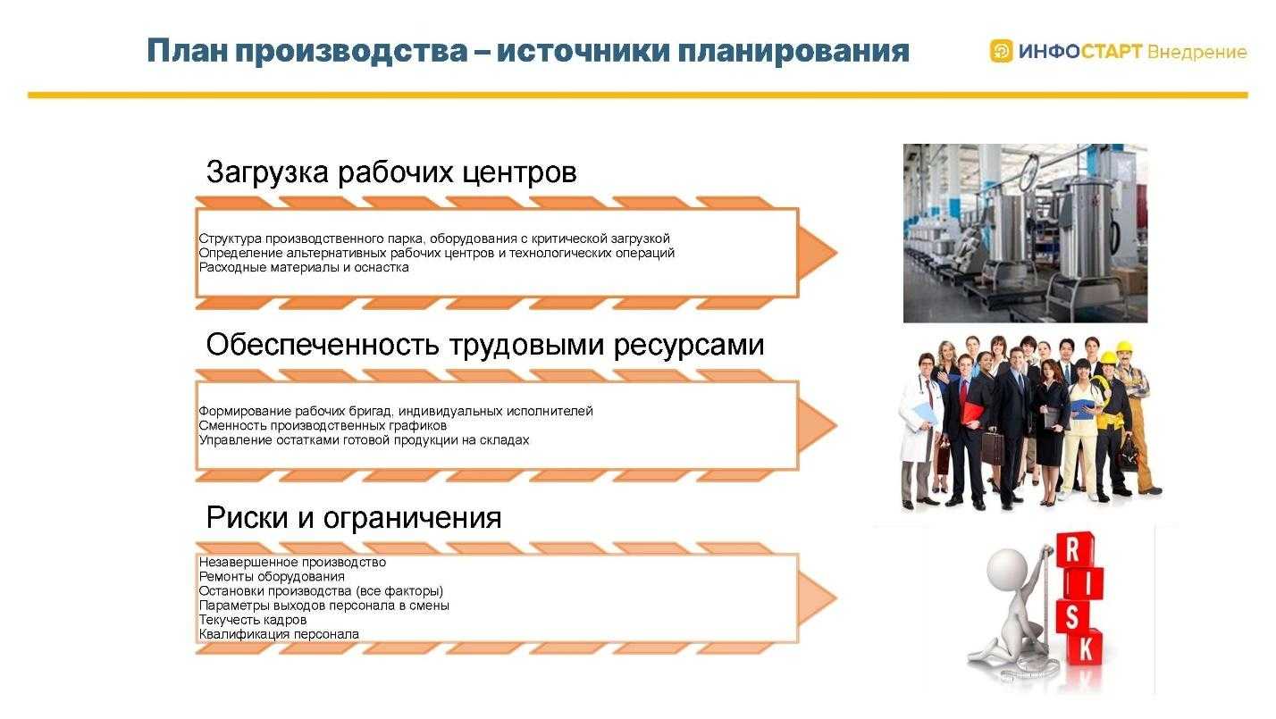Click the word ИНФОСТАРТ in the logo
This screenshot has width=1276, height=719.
(x=1079, y=52)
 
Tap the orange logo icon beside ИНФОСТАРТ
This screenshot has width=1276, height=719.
(x=1002, y=51)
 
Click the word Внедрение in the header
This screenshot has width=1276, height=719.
(x=1196, y=52)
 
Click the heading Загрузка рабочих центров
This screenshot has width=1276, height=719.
(x=390, y=171)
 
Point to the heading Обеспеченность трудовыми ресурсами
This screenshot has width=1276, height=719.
(x=484, y=344)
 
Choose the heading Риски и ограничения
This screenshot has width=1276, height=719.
(x=353, y=517)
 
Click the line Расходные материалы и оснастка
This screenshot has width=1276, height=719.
(x=303, y=267)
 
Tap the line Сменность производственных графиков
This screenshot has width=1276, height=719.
(x=322, y=426)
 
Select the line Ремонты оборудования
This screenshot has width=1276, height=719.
(x=271, y=577)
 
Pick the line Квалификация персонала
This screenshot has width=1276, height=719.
(x=278, y=634)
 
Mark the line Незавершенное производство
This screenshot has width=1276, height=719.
(x=291, y=563)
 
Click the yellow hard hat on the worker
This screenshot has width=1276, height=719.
(x=1109, y=357)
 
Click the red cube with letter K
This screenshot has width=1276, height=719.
(x=1085, y=648)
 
